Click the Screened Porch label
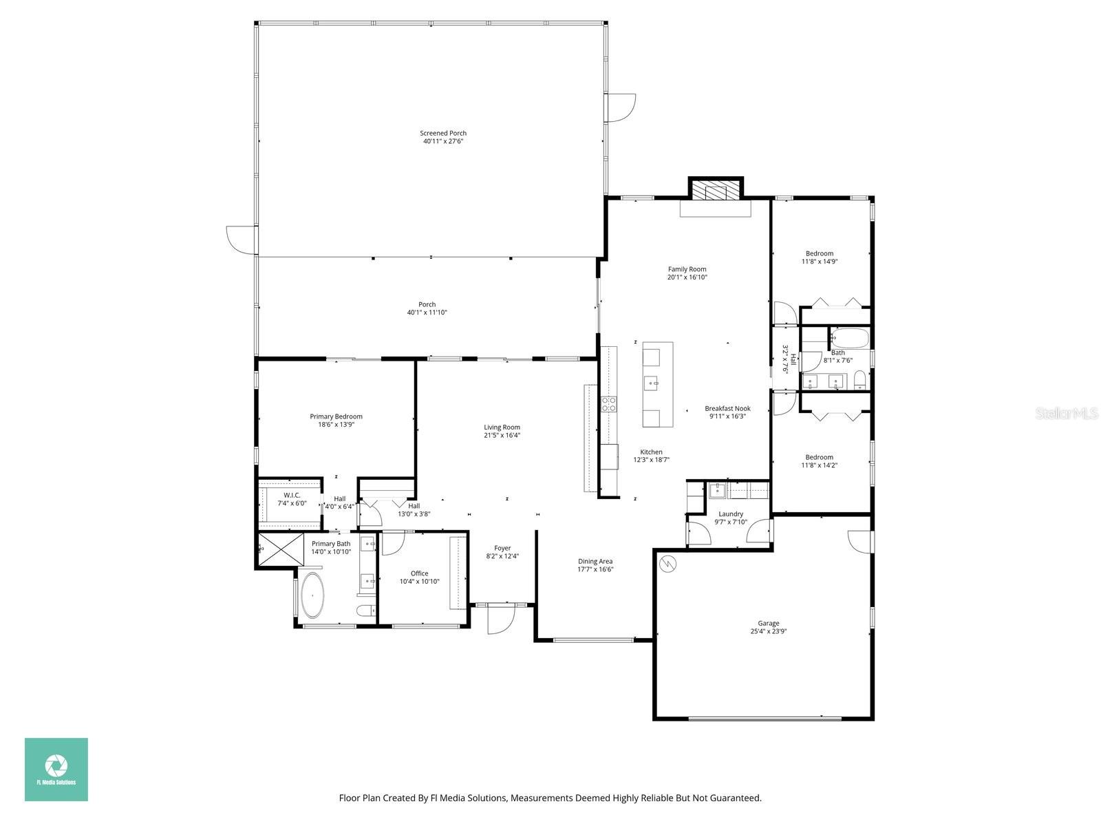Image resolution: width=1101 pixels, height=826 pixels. [x=443, y=133]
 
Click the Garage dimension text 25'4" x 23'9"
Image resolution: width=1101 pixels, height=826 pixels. [x=768, y=631]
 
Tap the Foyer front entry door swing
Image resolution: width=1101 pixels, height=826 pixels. [x=500, y=620]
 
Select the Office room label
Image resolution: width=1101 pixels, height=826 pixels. [x=419, y=573]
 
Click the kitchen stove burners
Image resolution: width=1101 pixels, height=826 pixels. [x=609, y=404]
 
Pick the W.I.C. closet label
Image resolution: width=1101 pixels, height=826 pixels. [x=292, y=496]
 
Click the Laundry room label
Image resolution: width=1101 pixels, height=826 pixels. [x=730, y=514]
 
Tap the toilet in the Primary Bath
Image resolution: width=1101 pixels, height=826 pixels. [x=366, y=610]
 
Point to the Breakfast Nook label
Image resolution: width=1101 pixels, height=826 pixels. [x=727, y=408]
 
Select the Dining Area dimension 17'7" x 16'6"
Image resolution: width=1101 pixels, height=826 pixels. [x=595, y=569]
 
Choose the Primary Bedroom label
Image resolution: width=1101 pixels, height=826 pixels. [x=336, y=416]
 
